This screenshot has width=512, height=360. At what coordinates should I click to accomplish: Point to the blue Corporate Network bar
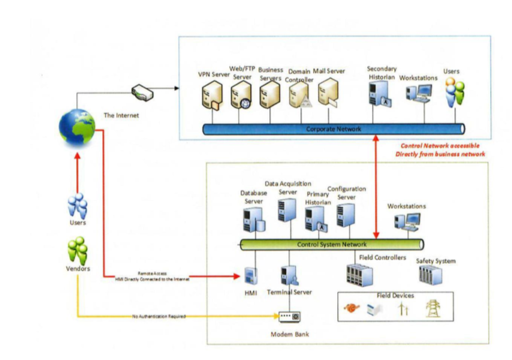coord(334,129)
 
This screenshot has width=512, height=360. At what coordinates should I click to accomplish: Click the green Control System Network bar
coord(331,245)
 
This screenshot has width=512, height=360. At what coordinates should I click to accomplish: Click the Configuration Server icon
coord(345,215)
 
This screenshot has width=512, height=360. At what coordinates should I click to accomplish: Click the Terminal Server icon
coord(288,276)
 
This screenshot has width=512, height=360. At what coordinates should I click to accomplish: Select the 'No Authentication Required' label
coord(159,316)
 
